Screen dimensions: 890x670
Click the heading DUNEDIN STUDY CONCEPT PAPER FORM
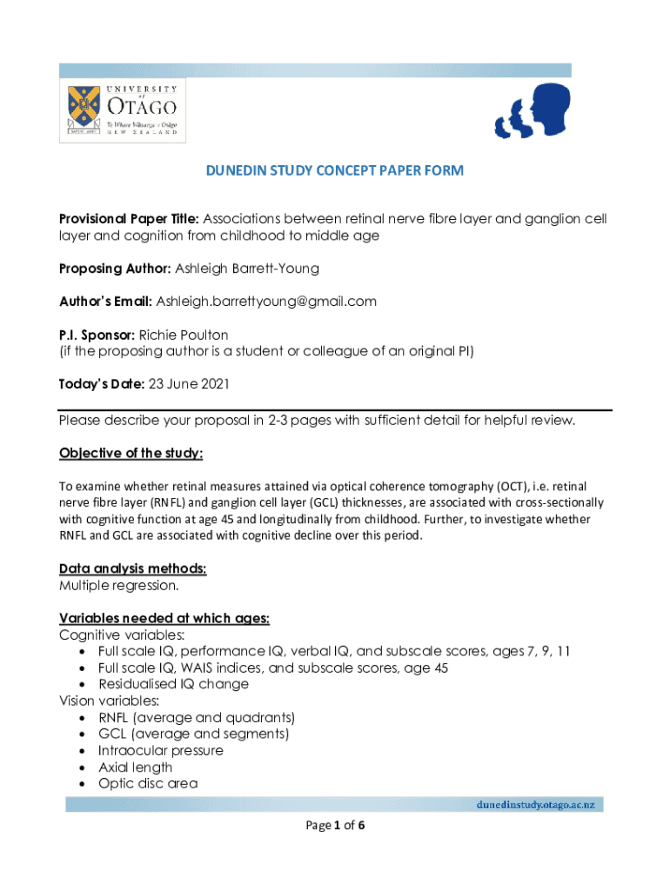tap(335, 171)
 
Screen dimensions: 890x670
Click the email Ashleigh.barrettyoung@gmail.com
tap(266, 302)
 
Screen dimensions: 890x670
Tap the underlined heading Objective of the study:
tap(131, 454)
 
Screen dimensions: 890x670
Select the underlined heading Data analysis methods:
tap(133, 568)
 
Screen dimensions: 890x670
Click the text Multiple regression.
tap(119, 585)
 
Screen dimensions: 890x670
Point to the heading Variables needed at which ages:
tap(164, 618)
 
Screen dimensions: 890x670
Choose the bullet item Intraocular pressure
tap(160, 750)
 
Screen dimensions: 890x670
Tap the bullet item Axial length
tap(135, 767)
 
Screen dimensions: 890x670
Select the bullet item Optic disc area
tap(148, 783)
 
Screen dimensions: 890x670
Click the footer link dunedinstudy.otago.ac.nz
tap(534, 805)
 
